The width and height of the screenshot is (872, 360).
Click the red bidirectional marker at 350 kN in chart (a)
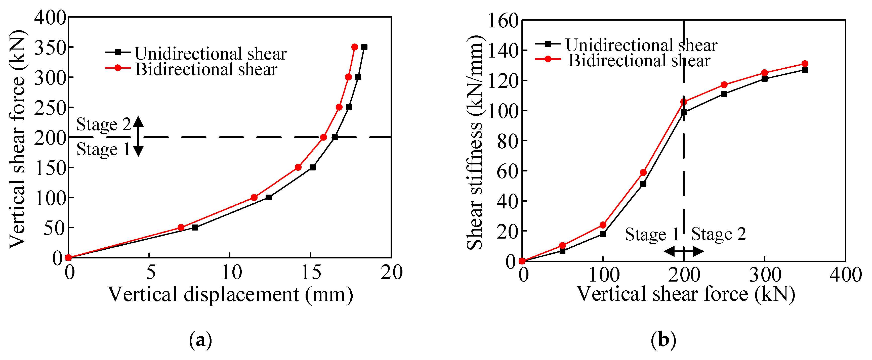point(354,47)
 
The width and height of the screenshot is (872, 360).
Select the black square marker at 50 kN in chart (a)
point(195,227)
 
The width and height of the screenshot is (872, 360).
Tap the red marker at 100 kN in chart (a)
point(254,197)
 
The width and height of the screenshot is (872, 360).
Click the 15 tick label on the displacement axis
point(310,272)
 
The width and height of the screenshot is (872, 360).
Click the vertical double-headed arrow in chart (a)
point(138,136)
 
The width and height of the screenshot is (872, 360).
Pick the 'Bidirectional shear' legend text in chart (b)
point(639,61)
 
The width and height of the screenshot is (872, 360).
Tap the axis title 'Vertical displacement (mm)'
point(230,294)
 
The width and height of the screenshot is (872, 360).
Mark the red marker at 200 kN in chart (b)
point(683,102)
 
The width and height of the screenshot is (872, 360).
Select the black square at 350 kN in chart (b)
point(805,70)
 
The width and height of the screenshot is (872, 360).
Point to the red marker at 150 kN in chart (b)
point(643,172)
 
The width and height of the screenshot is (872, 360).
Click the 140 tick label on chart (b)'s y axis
point(503,51)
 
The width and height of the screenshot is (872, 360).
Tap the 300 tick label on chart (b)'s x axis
point(765,275)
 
